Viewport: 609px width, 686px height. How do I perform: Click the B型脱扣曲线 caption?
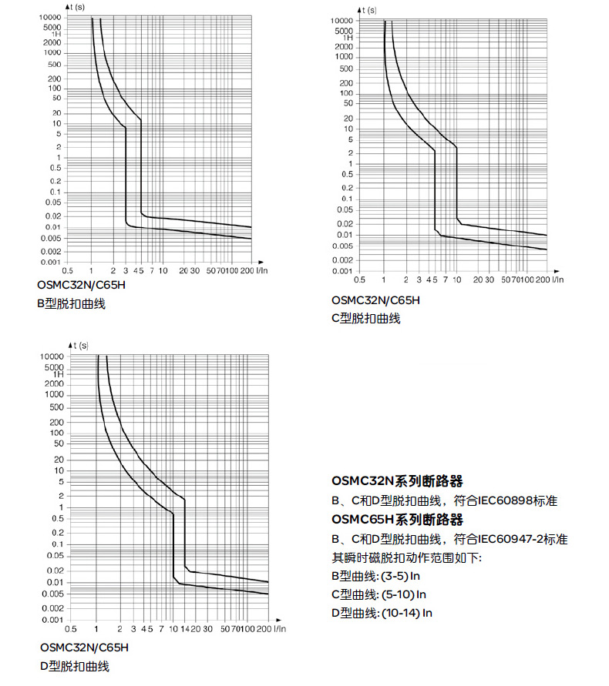pyautogui.click(x=72, y=303)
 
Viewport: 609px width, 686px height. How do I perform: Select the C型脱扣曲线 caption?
pyautogui.click(x=366, y=318)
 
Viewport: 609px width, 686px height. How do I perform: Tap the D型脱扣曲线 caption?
pyautogui.click(x=75, y=666)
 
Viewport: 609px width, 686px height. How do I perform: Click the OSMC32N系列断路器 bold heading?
pyautogui.click(x=397, y=482)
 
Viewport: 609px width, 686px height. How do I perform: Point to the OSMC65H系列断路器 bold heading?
pyautogui.click(x=397, y=519)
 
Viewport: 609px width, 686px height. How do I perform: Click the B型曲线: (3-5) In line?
pyautogui.click(x=375, y=576)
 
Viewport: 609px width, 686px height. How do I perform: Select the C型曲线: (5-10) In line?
pyautogui.click(x=379, y=594)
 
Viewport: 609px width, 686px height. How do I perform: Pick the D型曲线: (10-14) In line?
pyautogui.click(x=382, y=613)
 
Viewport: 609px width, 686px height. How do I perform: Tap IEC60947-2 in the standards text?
pyautogui.click(x=510, y=538)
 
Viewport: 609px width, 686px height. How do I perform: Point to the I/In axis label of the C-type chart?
pyautogui.click(x=557, y=279)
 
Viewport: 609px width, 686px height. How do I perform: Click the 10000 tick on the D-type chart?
pyautogui.click(x=52, y=357)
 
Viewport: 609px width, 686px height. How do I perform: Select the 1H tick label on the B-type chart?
pyautogui.click(x=56, y=34)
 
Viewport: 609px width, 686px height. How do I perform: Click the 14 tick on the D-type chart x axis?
pyautogui.click(x=184, y=628)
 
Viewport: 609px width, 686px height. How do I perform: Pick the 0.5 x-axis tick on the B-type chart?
pyautogui.click(x=68, y=271)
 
